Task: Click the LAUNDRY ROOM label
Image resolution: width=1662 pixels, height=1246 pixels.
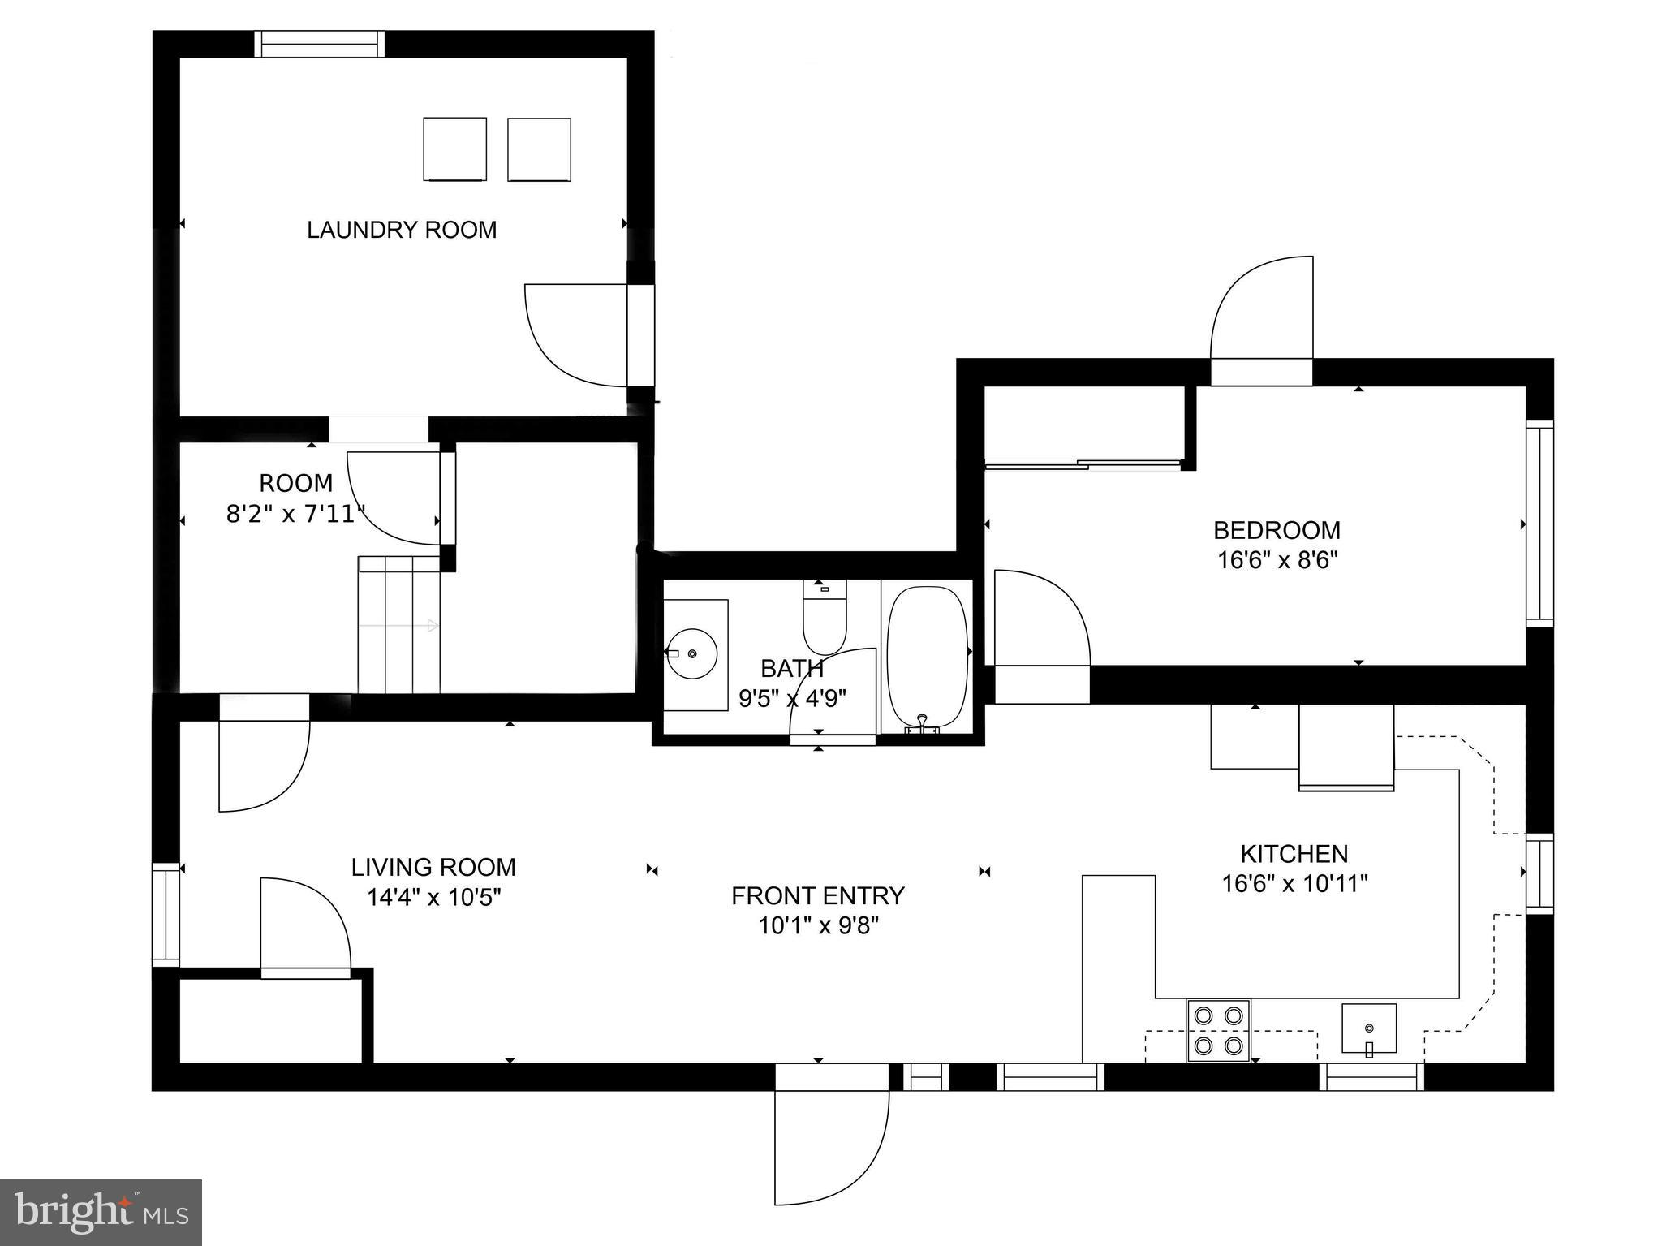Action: tap(402, 230)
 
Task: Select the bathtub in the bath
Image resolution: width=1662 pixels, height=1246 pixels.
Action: tap(927, 657)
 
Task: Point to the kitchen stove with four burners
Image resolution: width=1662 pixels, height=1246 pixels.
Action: tap(1218, 1030)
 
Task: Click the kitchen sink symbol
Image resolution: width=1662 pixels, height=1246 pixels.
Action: tap(1368, 1028)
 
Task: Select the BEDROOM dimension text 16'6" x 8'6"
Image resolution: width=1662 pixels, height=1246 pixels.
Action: tap(1277, 561)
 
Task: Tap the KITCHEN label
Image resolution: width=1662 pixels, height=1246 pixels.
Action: tap(1294, 854)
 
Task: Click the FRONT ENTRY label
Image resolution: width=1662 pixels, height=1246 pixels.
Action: tap(817, 896)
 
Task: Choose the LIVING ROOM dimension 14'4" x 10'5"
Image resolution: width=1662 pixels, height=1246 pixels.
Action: tap(433, 898)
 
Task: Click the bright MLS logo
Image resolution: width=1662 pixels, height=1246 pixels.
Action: tap(101, 1212)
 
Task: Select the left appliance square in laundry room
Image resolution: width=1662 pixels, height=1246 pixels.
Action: tap(454, 149)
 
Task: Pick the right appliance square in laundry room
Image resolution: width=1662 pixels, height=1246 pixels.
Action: tap(539, 149)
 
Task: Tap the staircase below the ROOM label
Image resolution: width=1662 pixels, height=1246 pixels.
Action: tap(399, 624)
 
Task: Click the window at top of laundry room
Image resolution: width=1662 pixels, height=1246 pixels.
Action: tap(319, 44)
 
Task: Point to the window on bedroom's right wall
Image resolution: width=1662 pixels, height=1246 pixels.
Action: tap(1539, 523)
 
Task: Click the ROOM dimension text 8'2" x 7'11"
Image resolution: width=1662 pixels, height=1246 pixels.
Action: tap(295, 514)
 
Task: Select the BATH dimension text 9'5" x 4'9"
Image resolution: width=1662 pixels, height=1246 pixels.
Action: tap(792, 698)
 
